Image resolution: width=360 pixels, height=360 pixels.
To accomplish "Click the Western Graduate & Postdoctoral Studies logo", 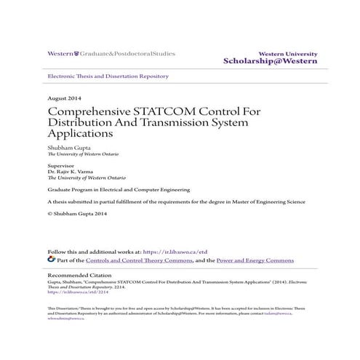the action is (111, 53).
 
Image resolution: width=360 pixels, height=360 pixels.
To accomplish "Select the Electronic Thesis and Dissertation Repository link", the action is (107, 76).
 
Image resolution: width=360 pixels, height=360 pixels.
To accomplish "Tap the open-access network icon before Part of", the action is (51, 259).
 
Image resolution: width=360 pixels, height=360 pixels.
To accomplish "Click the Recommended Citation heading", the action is (79, 276).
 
